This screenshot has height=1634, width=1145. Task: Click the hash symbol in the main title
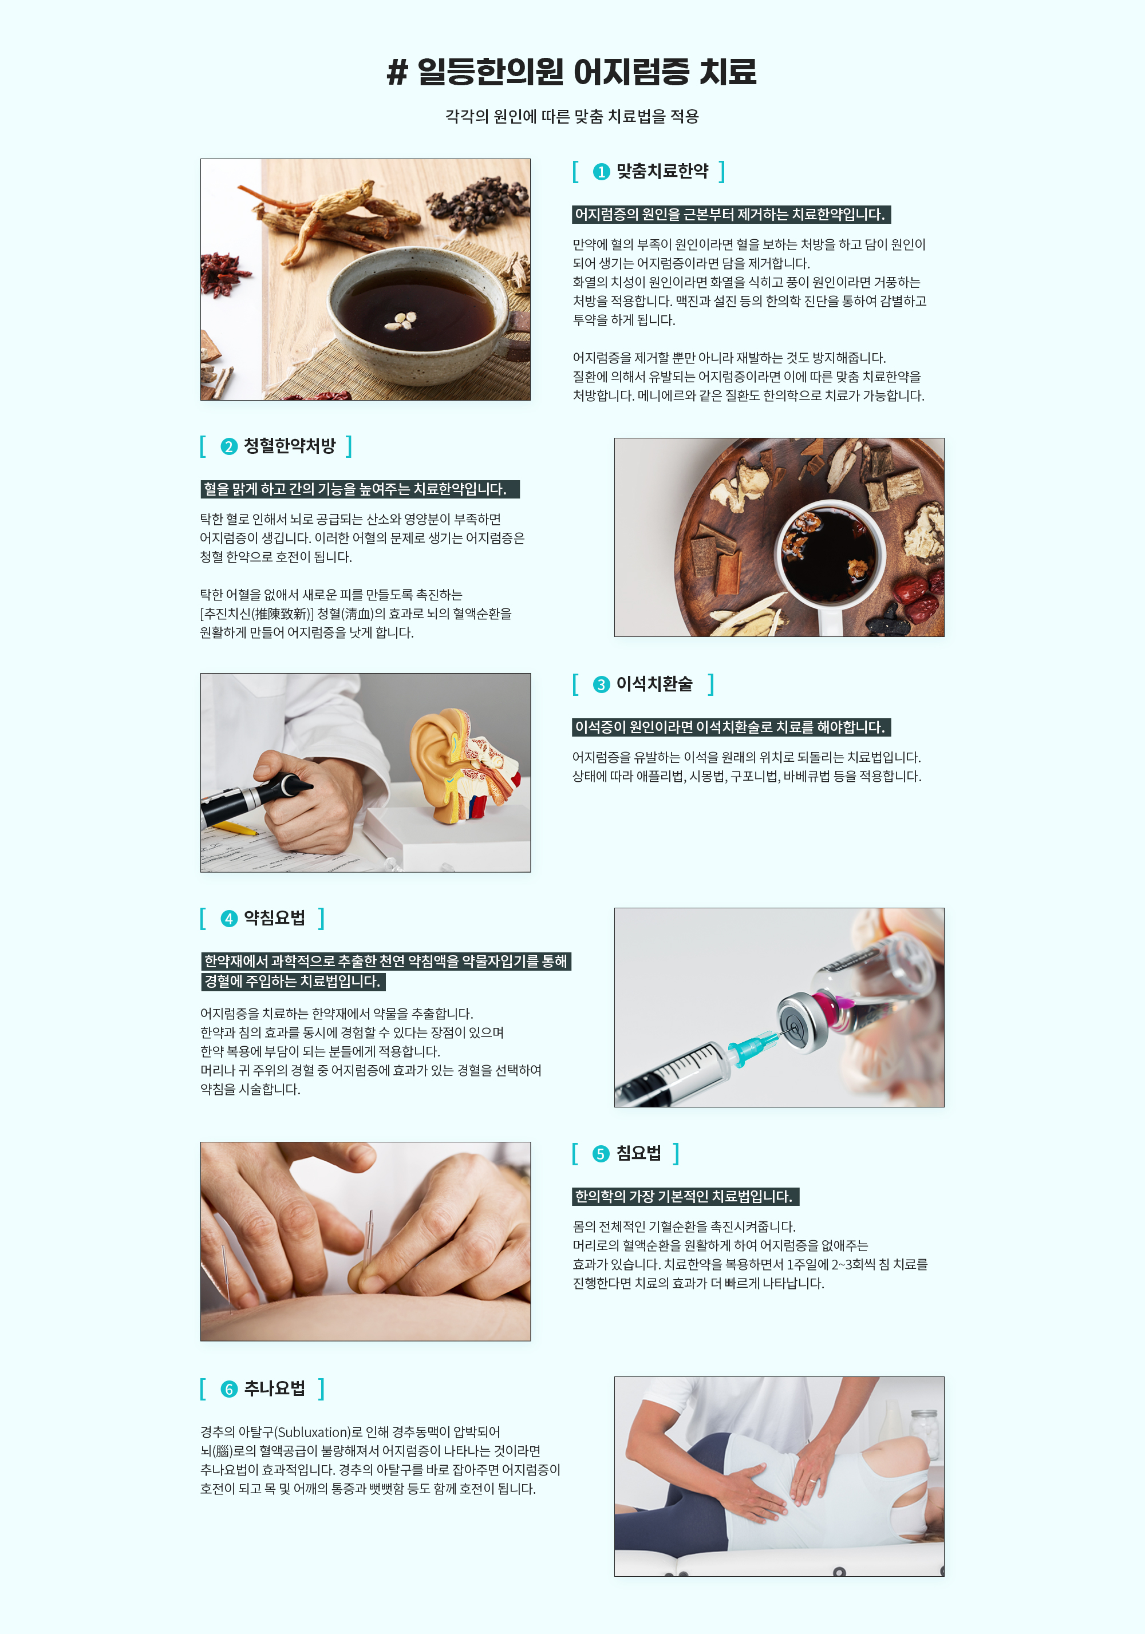coord(397,72)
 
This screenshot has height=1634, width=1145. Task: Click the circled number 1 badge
coord(602,172)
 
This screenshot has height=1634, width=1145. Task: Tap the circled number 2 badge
coord(228,446)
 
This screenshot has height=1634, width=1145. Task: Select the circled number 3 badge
coord(602,685)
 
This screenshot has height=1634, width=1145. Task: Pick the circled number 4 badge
coord(228,919)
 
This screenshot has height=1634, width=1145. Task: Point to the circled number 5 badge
coord(601,1154)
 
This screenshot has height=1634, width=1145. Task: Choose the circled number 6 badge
coord(228,1389)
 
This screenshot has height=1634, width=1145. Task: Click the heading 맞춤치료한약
coord(662,172)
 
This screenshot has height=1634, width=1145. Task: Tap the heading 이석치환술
coord(654,685)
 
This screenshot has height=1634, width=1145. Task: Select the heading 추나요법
coord(275,1388)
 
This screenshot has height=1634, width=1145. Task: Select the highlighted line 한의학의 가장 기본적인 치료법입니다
coord(685,1196)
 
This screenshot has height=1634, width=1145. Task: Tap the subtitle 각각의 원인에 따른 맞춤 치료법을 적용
coord(572,116)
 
